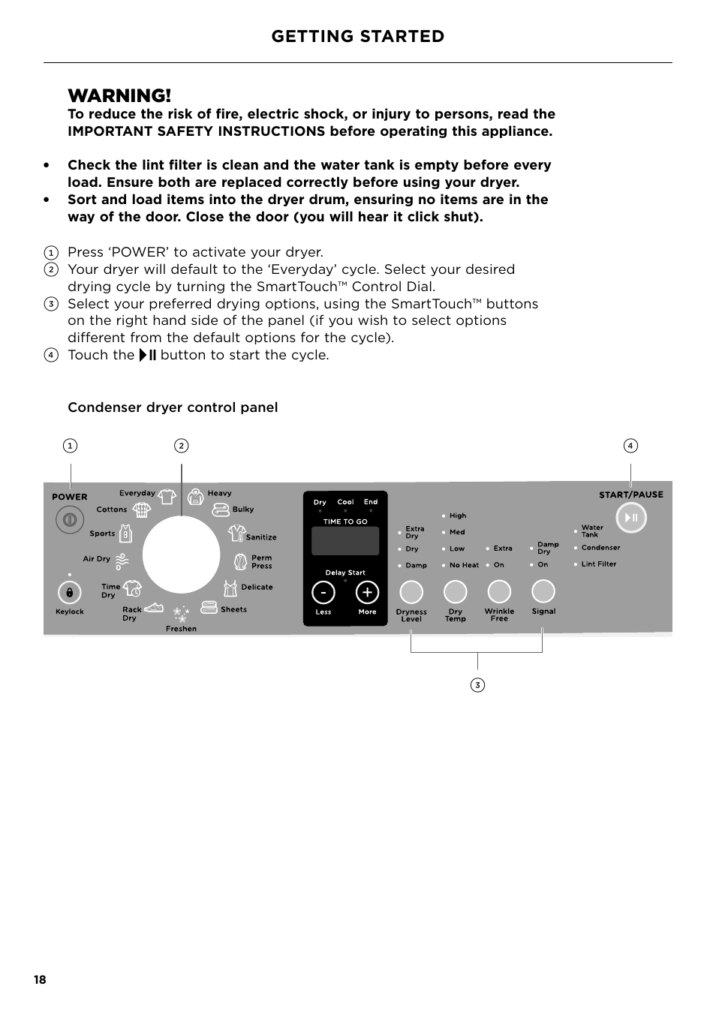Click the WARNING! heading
119,95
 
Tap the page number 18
40,979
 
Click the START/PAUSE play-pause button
631,518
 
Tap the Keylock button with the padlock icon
69,593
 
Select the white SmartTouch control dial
181,555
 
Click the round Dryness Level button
411,592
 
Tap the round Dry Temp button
455,592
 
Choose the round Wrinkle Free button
499,592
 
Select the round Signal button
543,591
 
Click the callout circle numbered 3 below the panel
477,684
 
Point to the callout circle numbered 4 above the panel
630,446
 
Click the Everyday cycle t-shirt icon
167,496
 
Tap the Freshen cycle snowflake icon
181,615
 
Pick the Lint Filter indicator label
598,564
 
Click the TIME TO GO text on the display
345,522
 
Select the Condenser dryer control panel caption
173,407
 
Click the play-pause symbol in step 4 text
148,355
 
